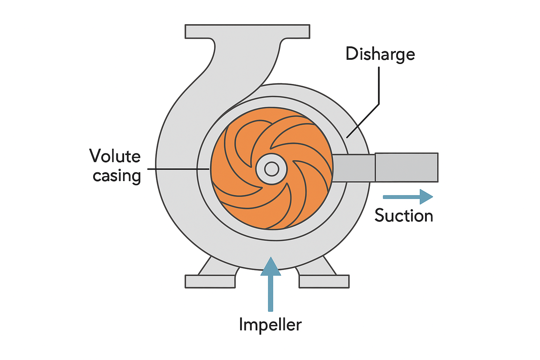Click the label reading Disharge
click(380, 54)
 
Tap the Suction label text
click(404, 215)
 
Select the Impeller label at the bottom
click(270, 324)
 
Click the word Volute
click(115, 156)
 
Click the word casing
click(117, 176)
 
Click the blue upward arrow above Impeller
click(270, 285)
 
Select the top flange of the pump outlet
click(247, 31)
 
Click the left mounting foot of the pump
click(210, 281)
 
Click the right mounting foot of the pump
click(324, 281)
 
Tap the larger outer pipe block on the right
click(406, 167)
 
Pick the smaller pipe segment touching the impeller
click(353, 168)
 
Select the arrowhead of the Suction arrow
click(426, 197)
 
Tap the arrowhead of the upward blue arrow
click(270, 266)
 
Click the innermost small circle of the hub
click(271, 169)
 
